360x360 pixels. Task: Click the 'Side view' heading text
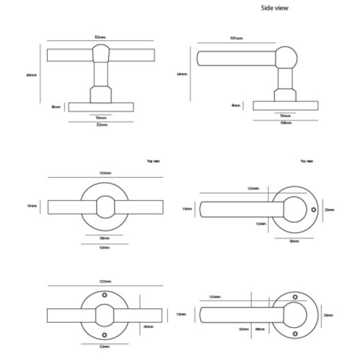tap(276, 8)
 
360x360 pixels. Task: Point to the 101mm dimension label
tap(238, 39)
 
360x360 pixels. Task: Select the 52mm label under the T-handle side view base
tap(101, 125)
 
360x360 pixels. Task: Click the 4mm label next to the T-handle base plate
tap(56, 107)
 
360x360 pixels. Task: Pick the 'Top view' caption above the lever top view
tap(307, 161)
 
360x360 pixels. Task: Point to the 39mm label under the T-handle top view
tap(104, 239)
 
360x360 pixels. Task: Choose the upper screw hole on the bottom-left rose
tap(105, 295)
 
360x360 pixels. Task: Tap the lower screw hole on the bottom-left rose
tap(105, 335)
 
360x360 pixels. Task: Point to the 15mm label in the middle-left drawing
tap(32, 206)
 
